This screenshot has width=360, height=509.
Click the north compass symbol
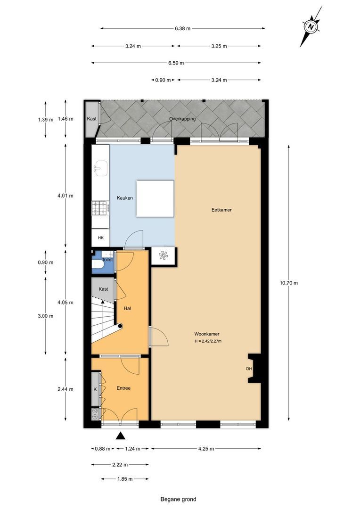(311, 27)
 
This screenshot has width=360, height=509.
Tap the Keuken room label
(125, 197)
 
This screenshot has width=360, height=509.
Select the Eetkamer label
(221, 210)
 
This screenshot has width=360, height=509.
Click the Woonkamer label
(207, 334)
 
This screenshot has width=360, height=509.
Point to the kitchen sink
(100, 168)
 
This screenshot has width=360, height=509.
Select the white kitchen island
(155, 198)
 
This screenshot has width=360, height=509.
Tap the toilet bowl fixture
(98, 265)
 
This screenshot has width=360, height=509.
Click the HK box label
(101, 238)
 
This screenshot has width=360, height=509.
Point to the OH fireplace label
(249, 369)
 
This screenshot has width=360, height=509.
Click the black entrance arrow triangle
(121, 435)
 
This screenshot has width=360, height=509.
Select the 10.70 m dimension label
(289, 283)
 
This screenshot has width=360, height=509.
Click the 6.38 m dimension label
(182, 28)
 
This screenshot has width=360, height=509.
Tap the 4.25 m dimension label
(206, 449)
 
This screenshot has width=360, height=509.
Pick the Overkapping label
(182, 119)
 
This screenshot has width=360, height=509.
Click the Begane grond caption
(178, 499)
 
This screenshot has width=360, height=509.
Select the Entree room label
(123, 388)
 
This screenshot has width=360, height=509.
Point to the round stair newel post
(120, 326)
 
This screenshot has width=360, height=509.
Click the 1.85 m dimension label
(125, 479)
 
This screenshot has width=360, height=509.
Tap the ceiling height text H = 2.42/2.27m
(208, 341)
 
